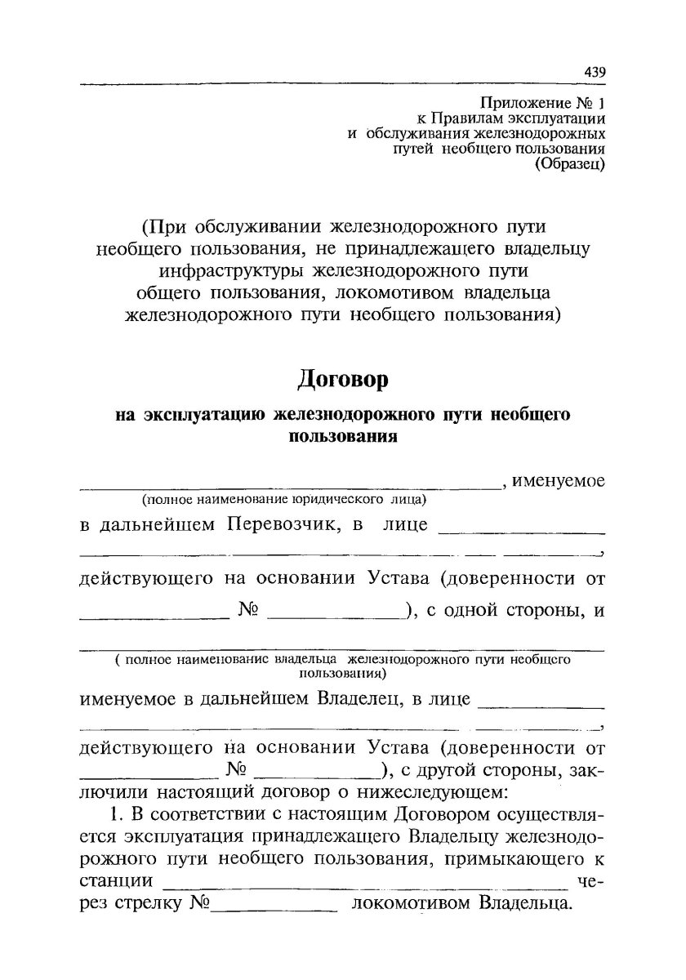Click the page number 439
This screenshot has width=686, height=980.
click(x=595, y=72)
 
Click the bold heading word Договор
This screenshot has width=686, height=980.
click(x=341, y=380)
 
